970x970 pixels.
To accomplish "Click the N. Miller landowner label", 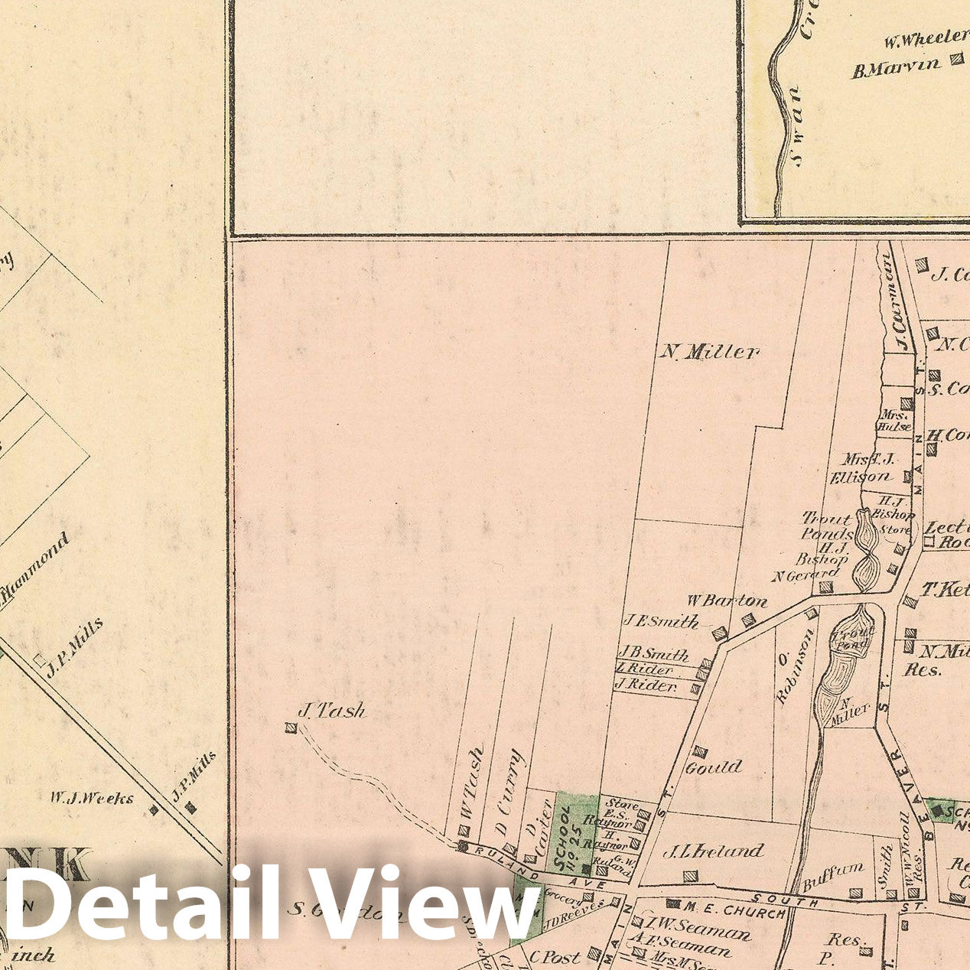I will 710,352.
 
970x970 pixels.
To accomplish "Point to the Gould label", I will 714,767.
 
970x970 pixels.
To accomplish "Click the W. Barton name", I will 726,601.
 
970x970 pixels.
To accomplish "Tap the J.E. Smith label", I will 660,621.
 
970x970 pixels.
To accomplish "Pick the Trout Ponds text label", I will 826,526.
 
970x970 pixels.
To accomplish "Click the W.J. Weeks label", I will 92,799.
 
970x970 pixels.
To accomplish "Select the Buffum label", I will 833,877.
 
